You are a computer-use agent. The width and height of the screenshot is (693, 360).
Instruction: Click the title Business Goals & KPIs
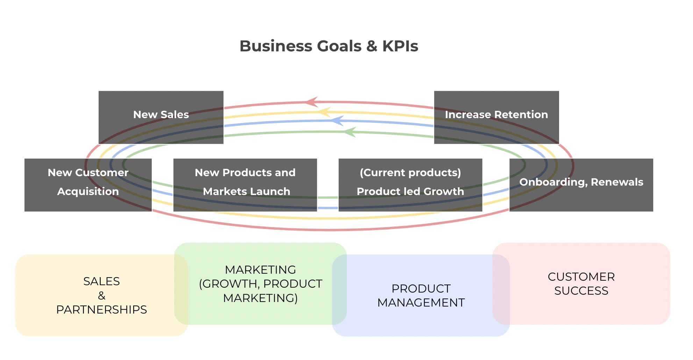[x=329, y=46]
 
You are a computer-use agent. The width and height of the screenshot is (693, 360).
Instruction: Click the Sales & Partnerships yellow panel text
[x=101, y=295]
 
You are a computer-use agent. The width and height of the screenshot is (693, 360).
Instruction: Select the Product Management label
[x=421, y=295]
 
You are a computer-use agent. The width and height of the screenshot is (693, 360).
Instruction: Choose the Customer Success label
[x=581, y=283]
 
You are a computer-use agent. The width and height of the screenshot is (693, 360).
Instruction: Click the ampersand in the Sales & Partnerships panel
[x=101, y=296]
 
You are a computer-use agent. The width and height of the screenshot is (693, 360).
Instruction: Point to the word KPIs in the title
[x=400, y=46]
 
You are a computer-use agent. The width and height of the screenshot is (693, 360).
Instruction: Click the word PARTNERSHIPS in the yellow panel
[x=101, y=310]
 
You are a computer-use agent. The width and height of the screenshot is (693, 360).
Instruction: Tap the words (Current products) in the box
[x=410, y=173]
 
